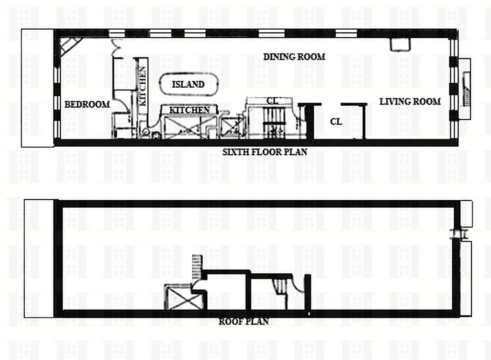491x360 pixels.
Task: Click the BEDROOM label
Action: pos(87,104)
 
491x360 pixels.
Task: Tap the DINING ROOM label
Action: pos(294,57)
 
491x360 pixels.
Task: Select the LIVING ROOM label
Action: pos(410,102)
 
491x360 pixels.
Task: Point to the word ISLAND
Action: pos(188,84)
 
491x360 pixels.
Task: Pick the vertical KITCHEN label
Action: pos(142,85)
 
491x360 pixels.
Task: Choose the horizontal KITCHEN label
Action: pos(189,110)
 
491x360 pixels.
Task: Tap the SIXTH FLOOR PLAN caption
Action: pos(265,152)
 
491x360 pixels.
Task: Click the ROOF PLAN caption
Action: pos(243,321)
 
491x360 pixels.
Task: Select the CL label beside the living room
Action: pos(335,121)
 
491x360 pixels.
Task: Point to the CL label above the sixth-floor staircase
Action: pos(272,101)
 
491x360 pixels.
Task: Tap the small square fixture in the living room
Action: pos(399,44)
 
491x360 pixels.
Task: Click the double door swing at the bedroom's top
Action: pos(117,45)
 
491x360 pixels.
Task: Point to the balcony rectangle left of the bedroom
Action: pos(37,88)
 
